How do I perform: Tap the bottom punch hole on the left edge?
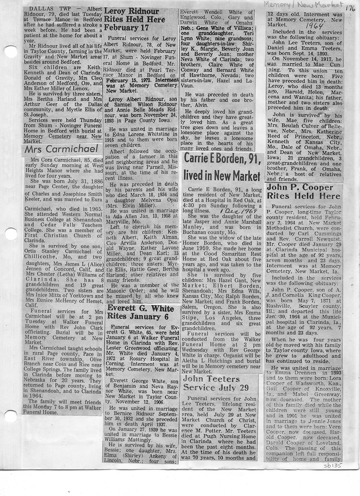[x=8, y=416]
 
